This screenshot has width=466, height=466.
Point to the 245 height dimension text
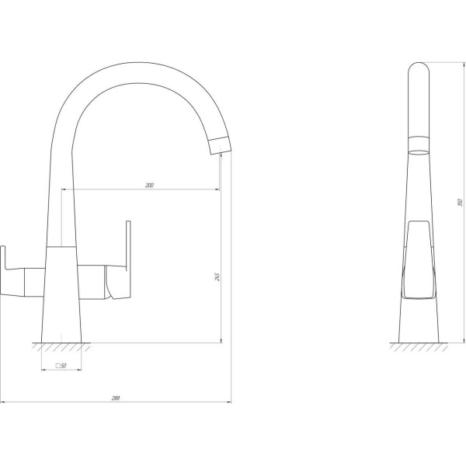tap(219, 276)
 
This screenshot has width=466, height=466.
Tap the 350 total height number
tap(460, 203)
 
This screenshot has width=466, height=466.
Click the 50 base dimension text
tap(63, 365)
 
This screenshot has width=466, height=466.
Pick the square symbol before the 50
tap(57, 365)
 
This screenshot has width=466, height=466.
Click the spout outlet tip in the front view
tap(221, 145)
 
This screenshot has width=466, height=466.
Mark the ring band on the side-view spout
tap(419, 139)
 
